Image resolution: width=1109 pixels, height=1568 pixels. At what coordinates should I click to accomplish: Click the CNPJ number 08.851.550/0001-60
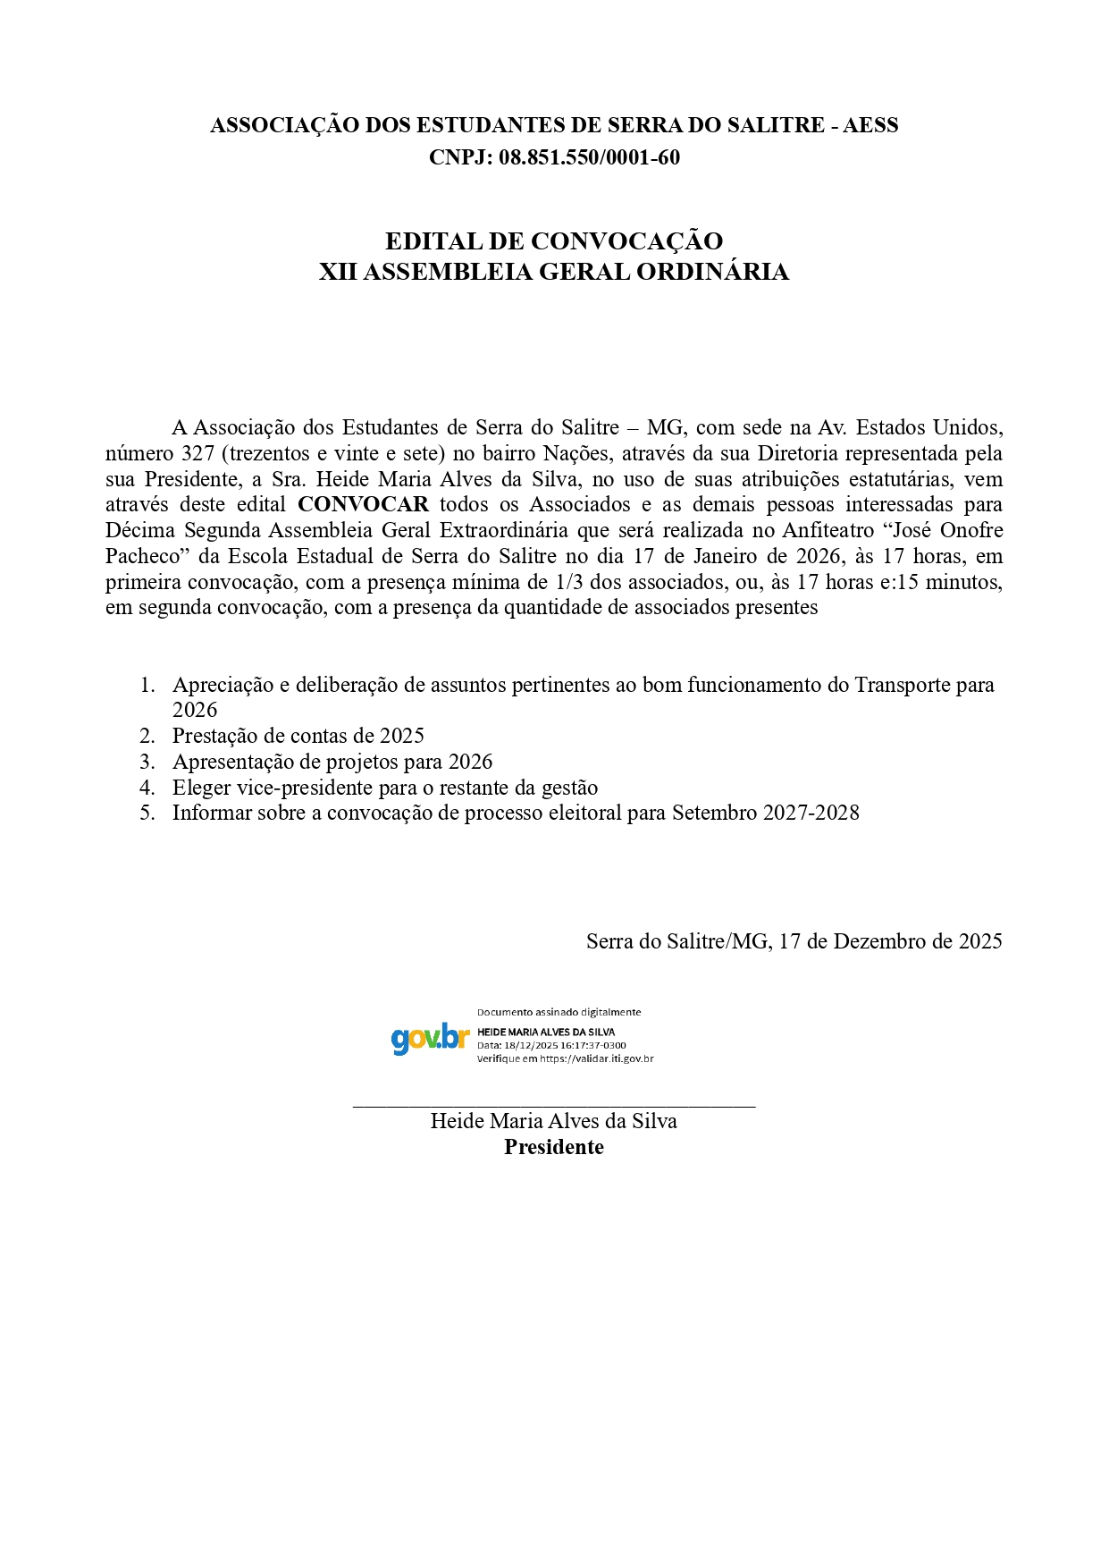click(x=589, y=157)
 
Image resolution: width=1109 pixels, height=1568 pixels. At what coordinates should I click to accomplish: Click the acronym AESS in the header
click(x=870, y=125)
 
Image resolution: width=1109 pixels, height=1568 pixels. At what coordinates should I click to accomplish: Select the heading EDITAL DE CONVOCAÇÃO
click(x=554, y=241)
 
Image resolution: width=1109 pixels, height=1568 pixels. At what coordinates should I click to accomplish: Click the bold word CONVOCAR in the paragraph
click(x=364, y=504)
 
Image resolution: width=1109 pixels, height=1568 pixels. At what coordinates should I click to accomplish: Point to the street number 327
click(x=197, y=453)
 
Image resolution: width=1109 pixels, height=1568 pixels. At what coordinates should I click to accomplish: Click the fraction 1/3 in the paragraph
click(x=571, y=582)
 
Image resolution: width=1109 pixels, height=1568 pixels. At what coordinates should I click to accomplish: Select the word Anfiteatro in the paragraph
click(x=828, y=530)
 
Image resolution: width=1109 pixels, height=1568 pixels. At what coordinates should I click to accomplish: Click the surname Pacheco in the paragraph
click(x=143, y=556)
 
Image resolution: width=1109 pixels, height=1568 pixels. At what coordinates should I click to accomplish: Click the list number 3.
click(x=147, y=762)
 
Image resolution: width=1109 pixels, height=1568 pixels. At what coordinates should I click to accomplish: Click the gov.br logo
click(x=430, y=1039)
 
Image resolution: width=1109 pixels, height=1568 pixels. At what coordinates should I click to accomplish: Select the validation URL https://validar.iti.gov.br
click(x=596, y=1058)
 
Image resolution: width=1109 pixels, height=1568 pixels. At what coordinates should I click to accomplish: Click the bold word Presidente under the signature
click(x=554, y=1147)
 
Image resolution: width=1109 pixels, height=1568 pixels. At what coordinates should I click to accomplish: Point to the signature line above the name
click(x=554, y=1107)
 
